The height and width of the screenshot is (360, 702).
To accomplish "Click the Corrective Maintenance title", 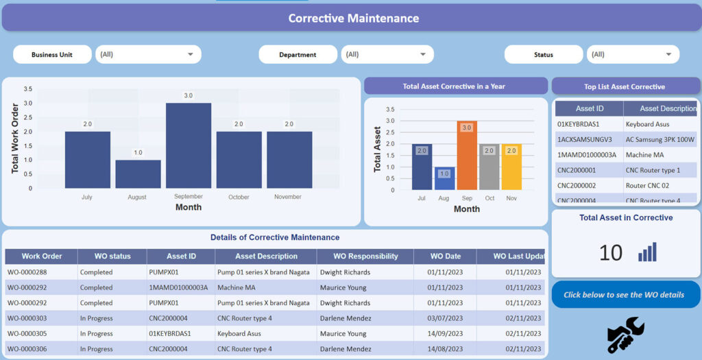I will click(353, 19).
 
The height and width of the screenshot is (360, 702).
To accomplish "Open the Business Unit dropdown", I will click(148, 54).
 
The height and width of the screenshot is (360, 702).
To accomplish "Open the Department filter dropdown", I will click(387, 54).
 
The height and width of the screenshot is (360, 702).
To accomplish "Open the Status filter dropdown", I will click(633, 54).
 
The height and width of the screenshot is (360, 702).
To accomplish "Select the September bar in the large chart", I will click(189, 145).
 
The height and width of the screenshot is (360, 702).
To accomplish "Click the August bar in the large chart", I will click(138, 174).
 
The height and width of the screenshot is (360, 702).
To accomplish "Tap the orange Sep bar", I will click(467, 156).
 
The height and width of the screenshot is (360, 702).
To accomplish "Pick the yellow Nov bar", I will click(511, 167).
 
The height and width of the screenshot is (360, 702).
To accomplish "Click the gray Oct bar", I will click(489, 167).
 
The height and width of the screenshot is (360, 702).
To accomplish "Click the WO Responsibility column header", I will click(365, 256).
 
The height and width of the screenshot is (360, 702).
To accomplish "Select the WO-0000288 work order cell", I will click(27, 272).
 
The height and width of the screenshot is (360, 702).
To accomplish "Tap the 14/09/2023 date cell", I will click(444, 334).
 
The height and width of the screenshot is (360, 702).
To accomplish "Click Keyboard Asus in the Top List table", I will click(647, 124).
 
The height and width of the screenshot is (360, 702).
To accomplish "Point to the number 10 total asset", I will click(610, 252).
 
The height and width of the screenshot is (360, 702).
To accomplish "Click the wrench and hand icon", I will click(625, 335).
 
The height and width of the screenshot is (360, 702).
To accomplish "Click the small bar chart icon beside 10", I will click(647, 252).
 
